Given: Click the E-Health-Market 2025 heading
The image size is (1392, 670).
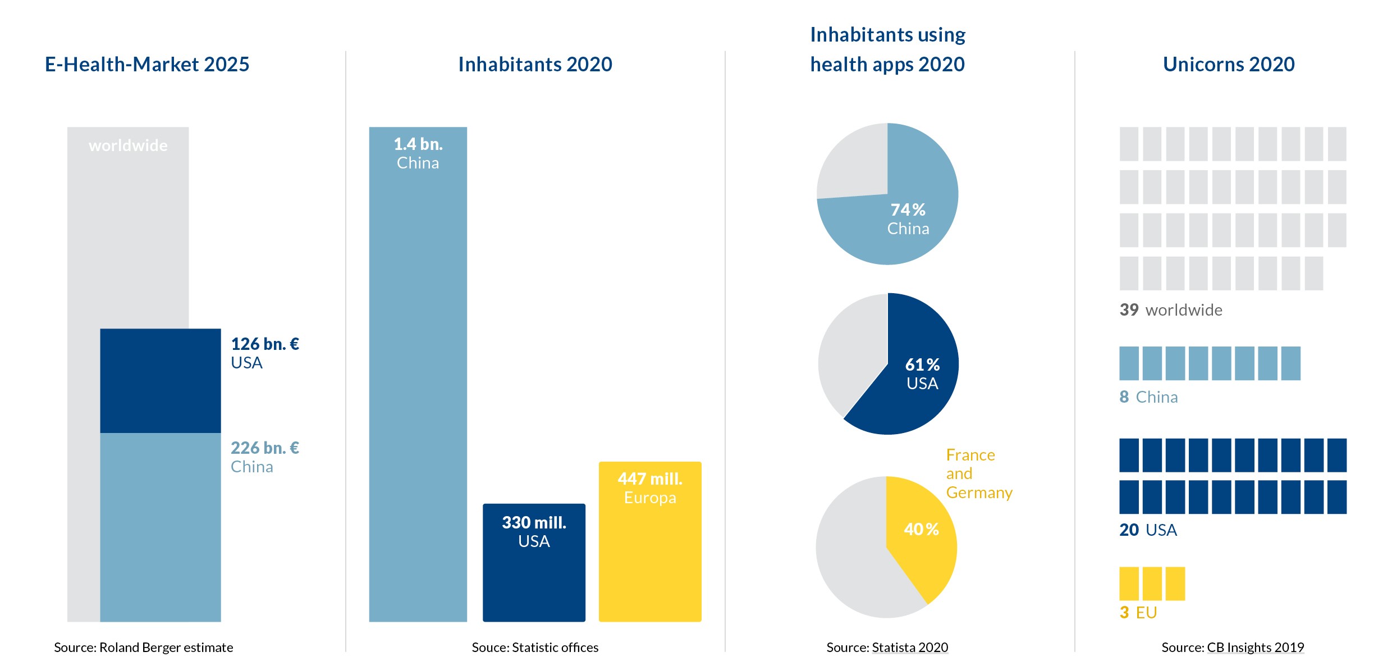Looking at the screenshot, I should (147, 65).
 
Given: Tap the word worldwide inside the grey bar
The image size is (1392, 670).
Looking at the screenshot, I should (128, 145).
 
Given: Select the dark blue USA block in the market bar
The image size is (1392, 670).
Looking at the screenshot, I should (161, 380).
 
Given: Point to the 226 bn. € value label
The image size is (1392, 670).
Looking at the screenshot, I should (265, 448).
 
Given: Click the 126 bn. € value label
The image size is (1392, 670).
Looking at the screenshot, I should (265, 344).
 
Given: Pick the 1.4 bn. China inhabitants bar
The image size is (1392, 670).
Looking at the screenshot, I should (418, 373).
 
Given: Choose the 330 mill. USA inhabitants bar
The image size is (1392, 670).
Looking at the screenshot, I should (534, 562).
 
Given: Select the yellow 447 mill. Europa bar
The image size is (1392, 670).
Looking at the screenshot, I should (650, 541).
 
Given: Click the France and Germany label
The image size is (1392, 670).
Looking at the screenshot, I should (979, 473).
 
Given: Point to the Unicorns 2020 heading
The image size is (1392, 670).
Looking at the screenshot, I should (1229, 65).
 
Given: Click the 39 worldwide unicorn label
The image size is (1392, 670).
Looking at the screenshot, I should (1171, 310).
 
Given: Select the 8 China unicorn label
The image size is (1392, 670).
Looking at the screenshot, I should (1148, 397).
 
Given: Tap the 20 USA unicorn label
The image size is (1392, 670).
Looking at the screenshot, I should (1148, 530).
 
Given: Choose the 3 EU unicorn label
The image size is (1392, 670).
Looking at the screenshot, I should (1138, 612).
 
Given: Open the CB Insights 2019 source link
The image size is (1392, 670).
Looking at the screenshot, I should (1255, 648).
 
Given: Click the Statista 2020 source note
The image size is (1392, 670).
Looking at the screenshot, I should (910, 648).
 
